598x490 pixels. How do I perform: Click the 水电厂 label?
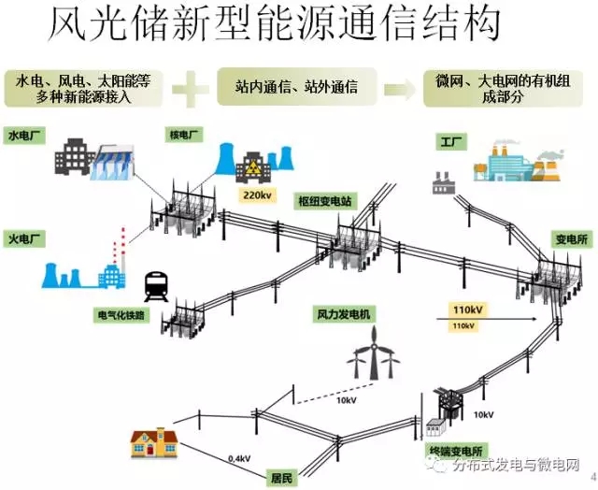point(25,135)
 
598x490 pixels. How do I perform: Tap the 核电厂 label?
point(185,135)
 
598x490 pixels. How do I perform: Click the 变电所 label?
point(569,239)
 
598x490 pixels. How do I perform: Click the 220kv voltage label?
point(257,195)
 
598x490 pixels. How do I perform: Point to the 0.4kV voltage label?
point(239,458)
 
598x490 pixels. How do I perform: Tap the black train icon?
point(155,284)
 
